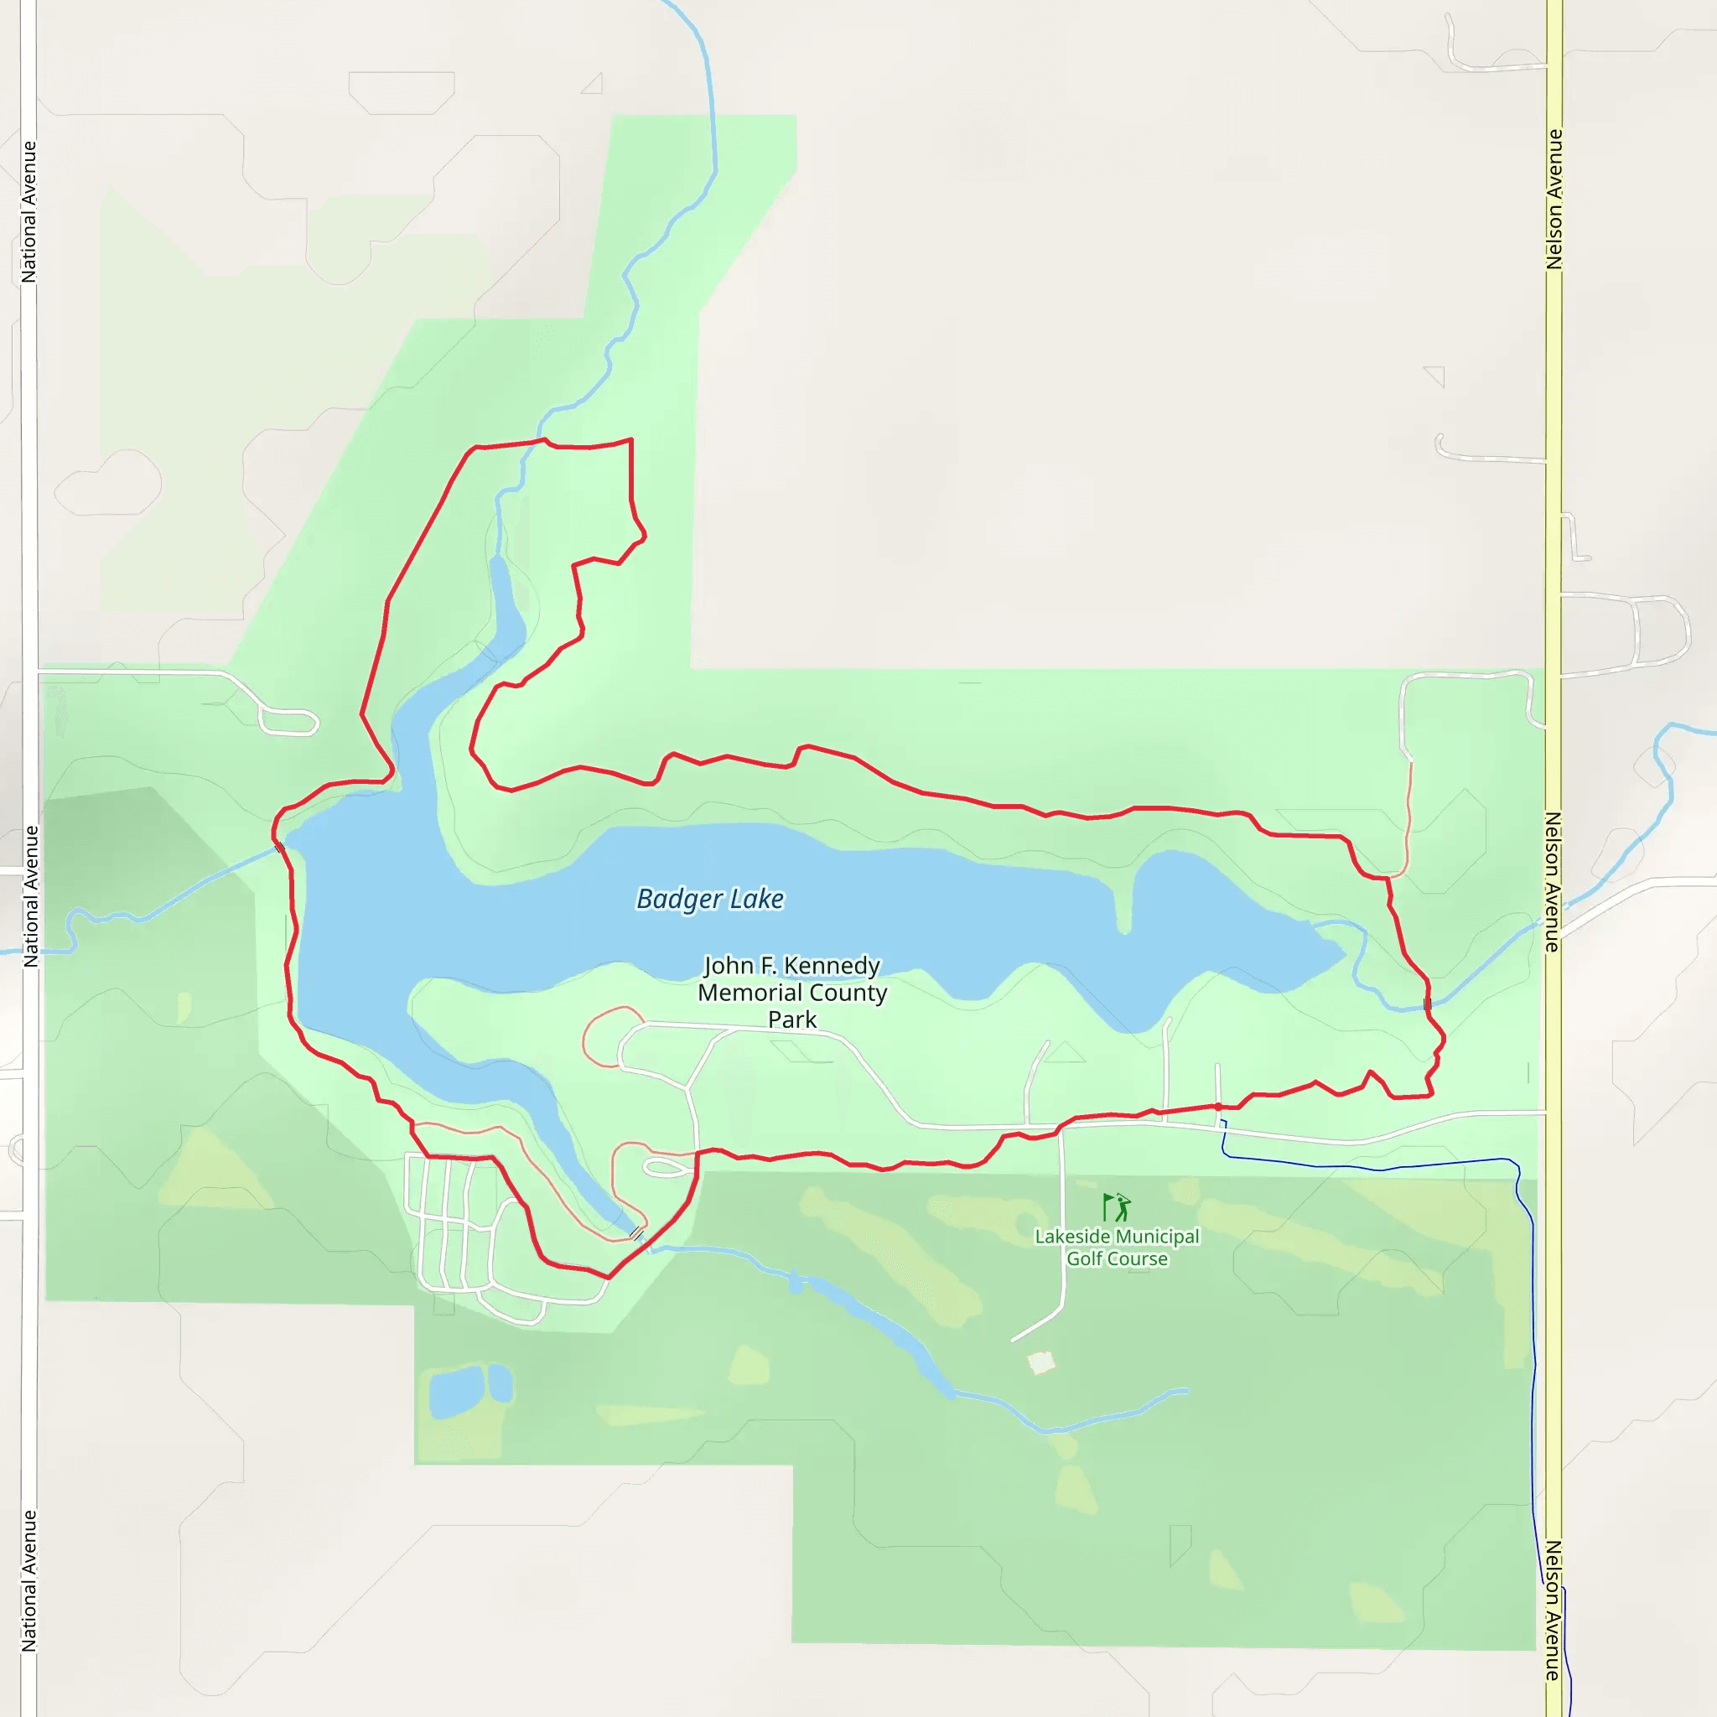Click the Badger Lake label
(710, 900)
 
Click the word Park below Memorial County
(791, 1019)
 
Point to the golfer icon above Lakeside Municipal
(1116, 1207)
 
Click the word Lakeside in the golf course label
(1071, 1237)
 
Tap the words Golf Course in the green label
(1117, 1258)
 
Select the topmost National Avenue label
(29, 212)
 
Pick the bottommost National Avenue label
(29, 1581)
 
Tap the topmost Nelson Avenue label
(1554, 199)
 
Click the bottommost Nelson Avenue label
(1554, 1611)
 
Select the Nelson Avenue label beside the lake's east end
(1554, 882)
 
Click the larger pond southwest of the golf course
(455, 1392)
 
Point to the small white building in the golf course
(1040, 1362)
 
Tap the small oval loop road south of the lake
(667, 1169)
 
